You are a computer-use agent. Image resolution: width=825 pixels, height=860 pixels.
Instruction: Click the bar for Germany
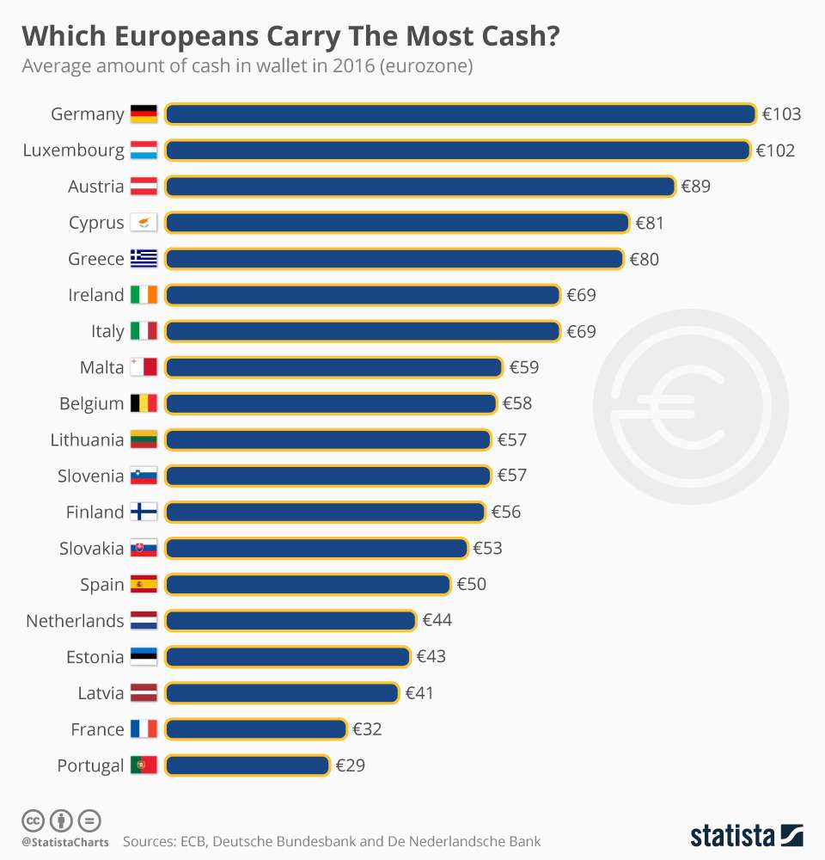click(x=460, y=114)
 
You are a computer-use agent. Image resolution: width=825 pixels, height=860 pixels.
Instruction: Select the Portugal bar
click(x=247, y=765)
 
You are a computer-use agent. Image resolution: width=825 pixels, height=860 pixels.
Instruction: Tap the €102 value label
click(x=775, y=150)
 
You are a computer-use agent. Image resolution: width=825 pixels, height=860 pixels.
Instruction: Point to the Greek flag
click(x=144, y=259)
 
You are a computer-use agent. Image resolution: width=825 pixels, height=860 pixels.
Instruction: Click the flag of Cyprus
click(x=144, y=223)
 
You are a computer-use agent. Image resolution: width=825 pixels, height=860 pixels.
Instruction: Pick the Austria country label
click(x=96, y=187)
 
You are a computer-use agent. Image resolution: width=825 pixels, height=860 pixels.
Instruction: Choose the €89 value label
click(x=695, y=187)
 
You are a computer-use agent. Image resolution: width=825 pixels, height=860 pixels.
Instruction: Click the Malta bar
click(x=333, y=367)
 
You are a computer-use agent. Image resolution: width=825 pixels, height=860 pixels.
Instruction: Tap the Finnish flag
click(x=144, y=512)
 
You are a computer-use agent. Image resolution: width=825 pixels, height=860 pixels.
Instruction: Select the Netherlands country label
click(x=75, y=620)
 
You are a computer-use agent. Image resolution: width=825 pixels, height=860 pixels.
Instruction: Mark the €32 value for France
click(x=367, y=729)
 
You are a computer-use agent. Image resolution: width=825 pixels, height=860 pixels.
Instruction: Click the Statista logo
click(x=746, y=835)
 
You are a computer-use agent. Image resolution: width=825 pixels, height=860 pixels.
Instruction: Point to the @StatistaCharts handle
click(x=65, y=842)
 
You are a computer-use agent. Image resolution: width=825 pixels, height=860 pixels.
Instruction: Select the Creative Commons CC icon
click(x=33, y=820)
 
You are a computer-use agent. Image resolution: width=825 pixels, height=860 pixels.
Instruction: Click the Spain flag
click(x=144, y=584)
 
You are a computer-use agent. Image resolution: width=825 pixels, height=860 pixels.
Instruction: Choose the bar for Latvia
click(x=282, y=692)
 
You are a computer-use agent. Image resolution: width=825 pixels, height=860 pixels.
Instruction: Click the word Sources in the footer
click(x=150, y=841)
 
